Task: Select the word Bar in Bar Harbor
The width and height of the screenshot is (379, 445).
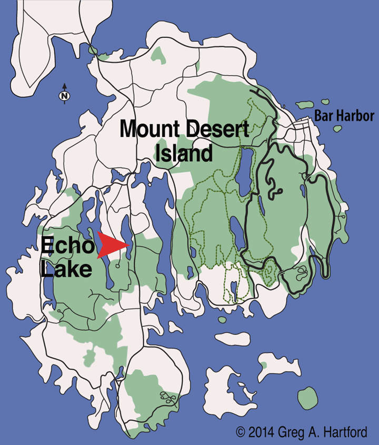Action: [x=323, y=116]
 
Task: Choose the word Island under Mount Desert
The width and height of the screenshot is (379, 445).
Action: [x=184, y=154]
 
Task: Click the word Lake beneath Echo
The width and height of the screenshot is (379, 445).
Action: [x=66, y=269]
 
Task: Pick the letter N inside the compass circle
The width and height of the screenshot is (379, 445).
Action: [x=64, y=96]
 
